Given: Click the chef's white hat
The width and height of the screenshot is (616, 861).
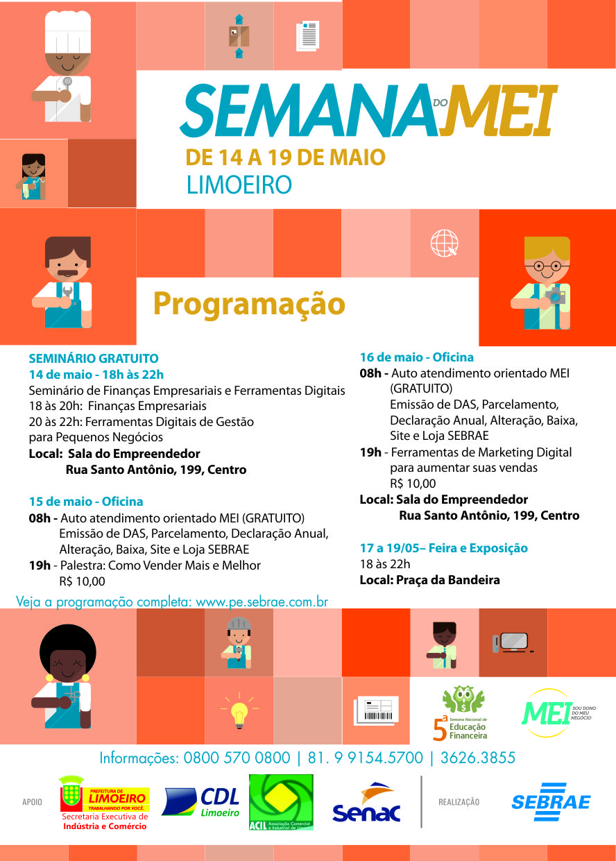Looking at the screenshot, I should pos(68,31).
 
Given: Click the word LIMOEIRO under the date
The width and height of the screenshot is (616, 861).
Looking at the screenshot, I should pos(239,185).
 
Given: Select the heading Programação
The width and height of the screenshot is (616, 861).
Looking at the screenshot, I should pos(249,304).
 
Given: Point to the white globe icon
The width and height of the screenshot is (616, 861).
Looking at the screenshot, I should pos(444,243).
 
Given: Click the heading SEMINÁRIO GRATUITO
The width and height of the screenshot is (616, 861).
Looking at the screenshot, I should pos(94,359).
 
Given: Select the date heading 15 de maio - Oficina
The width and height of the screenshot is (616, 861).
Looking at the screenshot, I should pos(86,501).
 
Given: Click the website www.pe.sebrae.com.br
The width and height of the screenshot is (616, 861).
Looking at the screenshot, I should pos(262,602).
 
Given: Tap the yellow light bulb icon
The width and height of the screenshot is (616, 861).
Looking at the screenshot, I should pos(239,711).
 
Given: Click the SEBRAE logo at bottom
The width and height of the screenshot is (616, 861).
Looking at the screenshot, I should pos(551,802).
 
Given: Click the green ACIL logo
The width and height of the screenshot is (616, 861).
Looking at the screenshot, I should pos(281,802).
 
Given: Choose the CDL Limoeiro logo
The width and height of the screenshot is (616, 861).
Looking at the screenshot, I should pos(201,802).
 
